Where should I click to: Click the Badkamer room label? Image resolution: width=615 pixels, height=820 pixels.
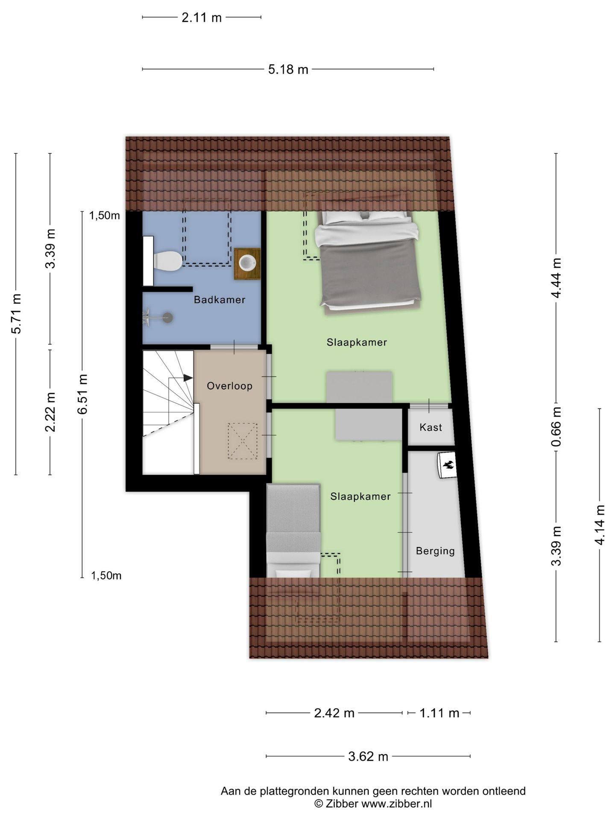coord(220,300)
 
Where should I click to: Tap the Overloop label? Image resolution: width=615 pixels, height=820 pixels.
coord(229,386)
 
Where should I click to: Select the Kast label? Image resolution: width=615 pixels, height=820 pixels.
coord(430,428)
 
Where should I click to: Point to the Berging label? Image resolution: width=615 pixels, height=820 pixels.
coord(435,551)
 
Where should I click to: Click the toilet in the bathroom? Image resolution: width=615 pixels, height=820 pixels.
coord(168,261)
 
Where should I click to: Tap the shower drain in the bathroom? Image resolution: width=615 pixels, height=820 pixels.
coord(168,317)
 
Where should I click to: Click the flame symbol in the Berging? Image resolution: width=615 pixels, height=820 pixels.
coord(448,465)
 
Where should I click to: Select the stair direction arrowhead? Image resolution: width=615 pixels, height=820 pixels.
coord(188,378)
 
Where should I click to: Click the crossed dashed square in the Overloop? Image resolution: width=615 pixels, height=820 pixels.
coord(242,441)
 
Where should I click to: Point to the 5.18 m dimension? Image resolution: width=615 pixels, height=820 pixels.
coord(288,69)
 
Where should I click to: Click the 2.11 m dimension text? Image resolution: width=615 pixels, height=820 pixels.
coord(202,18)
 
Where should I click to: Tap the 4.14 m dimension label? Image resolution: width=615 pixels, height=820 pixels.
coord(600,524)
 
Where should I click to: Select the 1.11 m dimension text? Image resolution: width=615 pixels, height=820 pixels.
coord(439,713)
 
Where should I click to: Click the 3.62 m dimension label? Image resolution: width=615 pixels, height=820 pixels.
coord(368,757)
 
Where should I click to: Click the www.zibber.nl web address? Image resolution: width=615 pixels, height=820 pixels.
coord(396,804)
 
